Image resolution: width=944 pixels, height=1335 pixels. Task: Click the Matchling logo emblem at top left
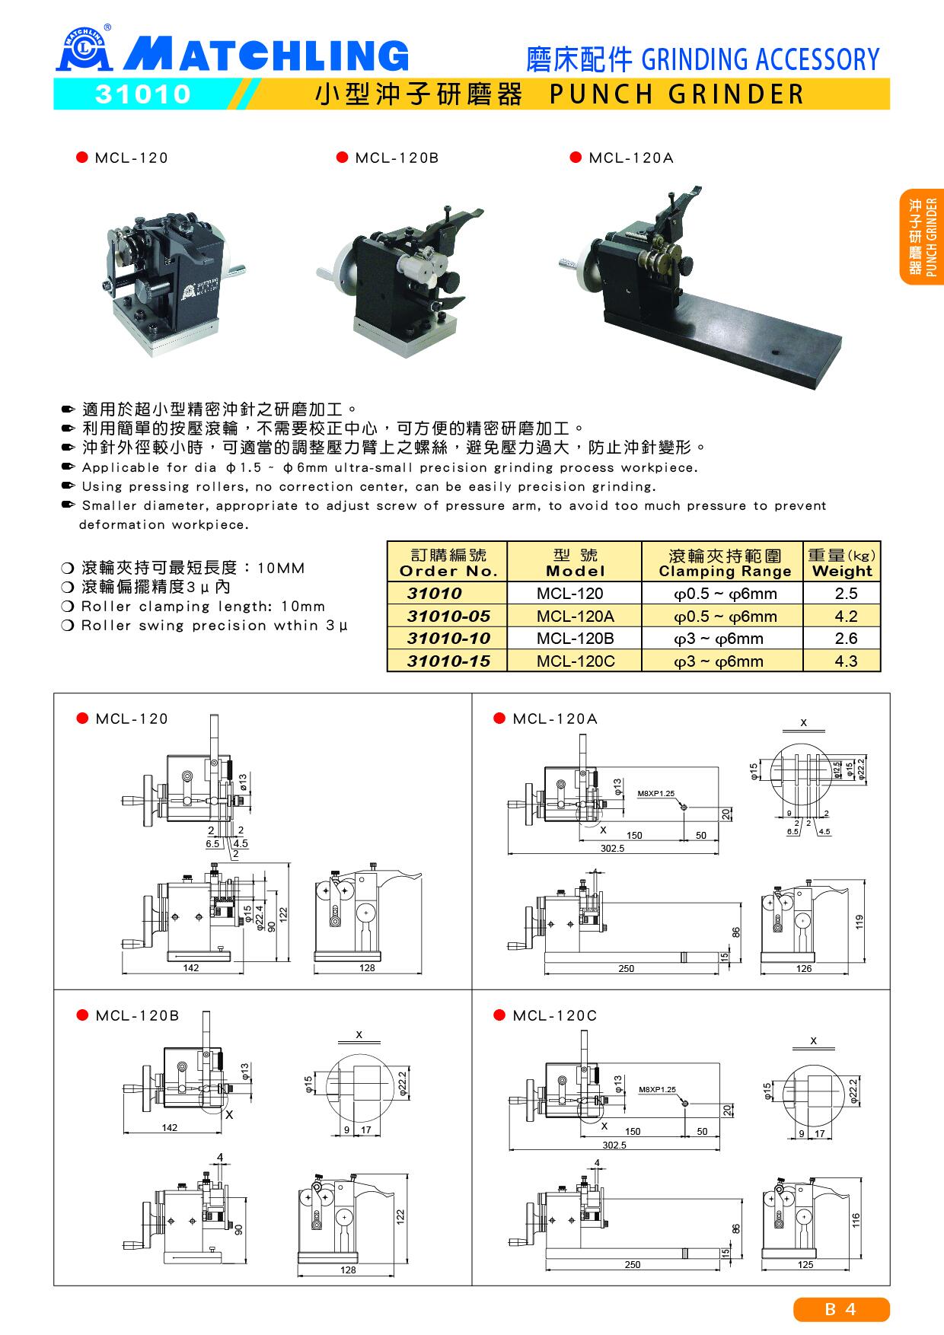point(85,50)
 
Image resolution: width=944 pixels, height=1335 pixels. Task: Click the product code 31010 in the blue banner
point(142,94)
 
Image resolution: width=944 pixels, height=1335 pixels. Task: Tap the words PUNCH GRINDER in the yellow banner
point(676,94)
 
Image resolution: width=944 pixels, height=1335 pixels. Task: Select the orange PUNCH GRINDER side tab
point(922,237)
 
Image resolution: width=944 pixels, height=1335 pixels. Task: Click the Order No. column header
point(448,562)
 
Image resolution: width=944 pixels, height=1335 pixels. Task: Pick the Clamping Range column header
point(724,562)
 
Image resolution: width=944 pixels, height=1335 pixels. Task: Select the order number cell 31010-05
point(448,617)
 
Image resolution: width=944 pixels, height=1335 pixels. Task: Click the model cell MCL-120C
point(575,661)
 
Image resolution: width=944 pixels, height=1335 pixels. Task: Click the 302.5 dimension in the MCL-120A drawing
point(611,848)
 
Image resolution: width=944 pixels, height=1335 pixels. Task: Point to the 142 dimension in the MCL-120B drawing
point(169,1127)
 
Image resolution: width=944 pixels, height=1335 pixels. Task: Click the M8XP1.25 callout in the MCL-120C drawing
point(657,1089)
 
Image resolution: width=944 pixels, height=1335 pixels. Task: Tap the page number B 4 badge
point(841,1309)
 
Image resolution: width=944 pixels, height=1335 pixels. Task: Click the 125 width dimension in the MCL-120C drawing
point(805,1264)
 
